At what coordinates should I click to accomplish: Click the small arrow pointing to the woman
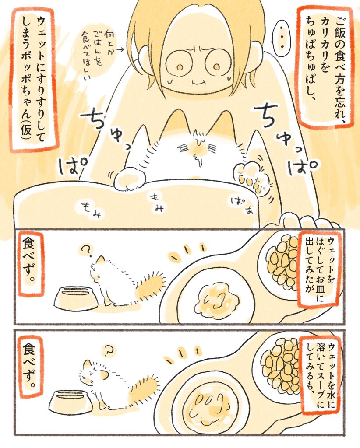[x=120, y=50]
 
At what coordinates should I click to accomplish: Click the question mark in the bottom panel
[x=108, y=351]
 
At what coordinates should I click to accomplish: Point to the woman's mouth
[x=198, y=82]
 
